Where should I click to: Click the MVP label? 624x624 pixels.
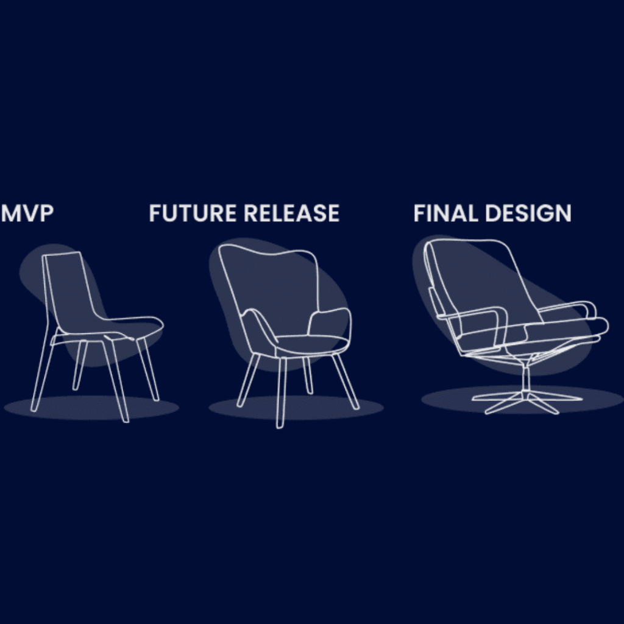point(27,213)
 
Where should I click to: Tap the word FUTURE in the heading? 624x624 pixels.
point(193,213)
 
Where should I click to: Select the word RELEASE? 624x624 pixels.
point(291,213)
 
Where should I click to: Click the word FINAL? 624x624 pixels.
point(445,213)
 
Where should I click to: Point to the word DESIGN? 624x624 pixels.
point(528,213)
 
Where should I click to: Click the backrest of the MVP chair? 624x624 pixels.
point(69,286)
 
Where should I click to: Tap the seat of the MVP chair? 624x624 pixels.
point(107,328)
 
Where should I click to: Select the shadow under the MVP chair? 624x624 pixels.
point(91,408)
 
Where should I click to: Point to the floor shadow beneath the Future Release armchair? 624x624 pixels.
point(296,408)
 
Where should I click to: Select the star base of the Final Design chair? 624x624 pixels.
point(526,402)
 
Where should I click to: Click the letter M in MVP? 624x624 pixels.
point(11,213)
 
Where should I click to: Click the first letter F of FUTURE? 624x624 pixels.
point(155,213)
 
